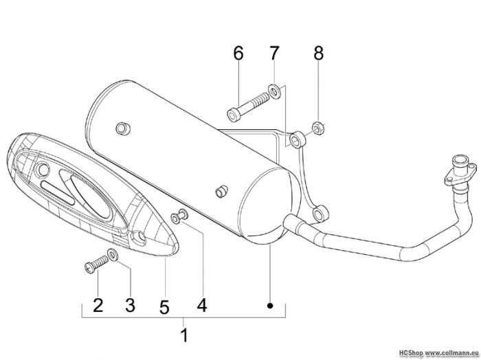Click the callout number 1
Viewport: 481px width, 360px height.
(184, 335)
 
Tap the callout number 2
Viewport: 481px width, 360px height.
(98, 305)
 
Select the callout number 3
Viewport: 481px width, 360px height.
(130, 306)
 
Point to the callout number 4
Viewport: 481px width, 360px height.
(202, 305)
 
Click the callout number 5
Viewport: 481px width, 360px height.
(164, 307)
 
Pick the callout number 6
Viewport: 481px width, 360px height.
(238, 53)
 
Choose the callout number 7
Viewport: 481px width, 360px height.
(274, 53)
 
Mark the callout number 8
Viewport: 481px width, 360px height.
(318, 53)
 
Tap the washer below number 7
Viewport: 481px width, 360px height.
(274, 91)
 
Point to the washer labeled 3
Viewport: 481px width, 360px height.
(113, 255)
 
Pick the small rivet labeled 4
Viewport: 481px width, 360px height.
(179, 216)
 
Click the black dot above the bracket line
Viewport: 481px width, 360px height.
(270, 306)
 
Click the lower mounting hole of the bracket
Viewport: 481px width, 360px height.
(319, 213)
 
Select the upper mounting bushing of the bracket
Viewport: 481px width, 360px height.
(298, 139)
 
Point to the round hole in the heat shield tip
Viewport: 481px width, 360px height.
(138, 238)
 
